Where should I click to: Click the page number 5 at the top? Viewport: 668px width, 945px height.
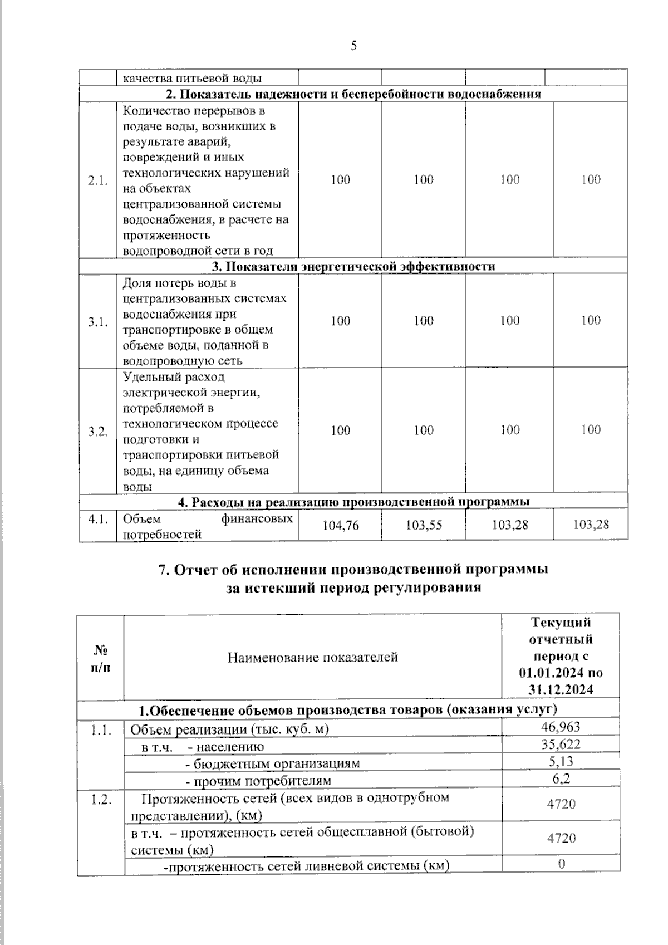(x=354, y=46)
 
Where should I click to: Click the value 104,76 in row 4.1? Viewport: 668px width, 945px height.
(x=341, y=525)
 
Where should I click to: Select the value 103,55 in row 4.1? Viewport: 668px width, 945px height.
(x=424, y=525)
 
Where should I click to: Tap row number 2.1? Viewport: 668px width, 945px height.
(x=97, y=180)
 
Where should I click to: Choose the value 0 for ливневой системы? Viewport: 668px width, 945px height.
(x=561, y=864)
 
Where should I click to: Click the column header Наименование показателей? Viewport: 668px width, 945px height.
(x=312, y=657)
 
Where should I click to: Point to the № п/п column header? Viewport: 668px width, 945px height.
(x=100, y=658)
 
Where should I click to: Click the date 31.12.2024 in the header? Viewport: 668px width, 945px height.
(x=561, y=689)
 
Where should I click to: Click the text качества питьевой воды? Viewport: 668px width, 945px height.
(x=192, y=78)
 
